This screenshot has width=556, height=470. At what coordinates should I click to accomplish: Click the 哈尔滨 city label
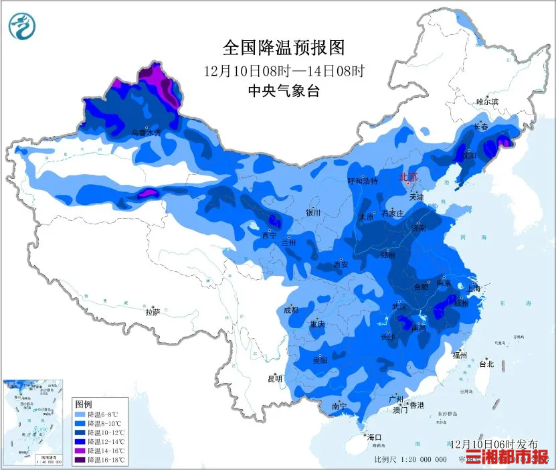(487, 102)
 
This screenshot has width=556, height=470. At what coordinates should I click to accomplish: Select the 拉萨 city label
(153, 311)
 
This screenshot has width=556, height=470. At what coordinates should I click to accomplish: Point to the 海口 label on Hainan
(375, 437)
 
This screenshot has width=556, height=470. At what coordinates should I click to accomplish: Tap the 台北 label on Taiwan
(486, 364)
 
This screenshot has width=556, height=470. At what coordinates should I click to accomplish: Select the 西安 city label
(341, 264)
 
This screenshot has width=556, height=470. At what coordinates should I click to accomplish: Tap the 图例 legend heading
(84, 404)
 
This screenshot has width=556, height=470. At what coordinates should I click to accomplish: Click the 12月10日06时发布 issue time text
(494, 444)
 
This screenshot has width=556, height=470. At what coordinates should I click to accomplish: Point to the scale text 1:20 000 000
(424, 459)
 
